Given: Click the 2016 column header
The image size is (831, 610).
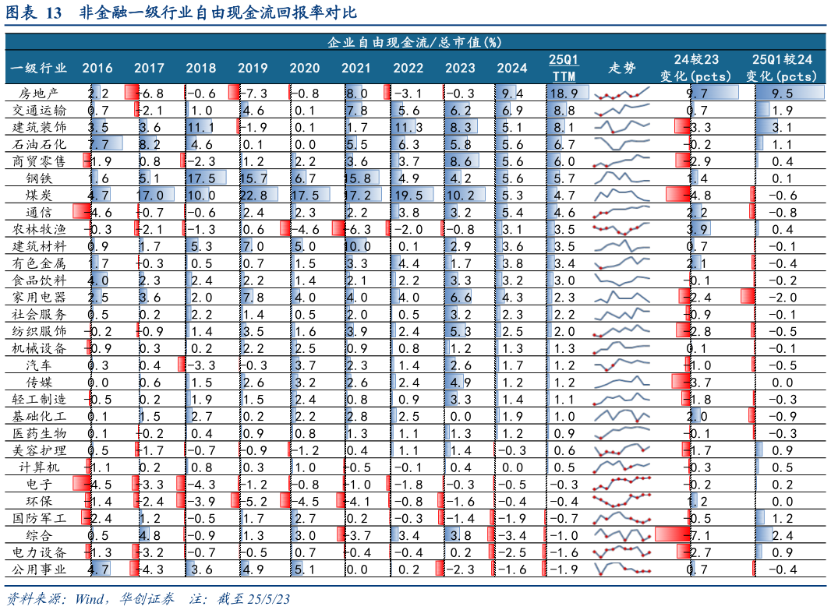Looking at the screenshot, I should (97, 68).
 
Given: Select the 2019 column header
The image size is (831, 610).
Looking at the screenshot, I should (253, 68).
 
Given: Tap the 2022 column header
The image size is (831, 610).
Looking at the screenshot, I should (408, 68).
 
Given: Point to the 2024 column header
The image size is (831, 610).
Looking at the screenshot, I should (511, 68).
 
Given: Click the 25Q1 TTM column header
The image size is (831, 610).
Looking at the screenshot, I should (564, 68).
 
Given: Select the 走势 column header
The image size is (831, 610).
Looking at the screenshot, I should (621, 68).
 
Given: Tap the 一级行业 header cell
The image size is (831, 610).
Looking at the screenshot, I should (38, 68).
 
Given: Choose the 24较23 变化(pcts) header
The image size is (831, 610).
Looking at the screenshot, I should (695, 68).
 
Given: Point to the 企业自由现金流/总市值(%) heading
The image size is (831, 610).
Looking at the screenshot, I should (415, 41).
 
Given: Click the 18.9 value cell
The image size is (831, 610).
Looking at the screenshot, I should (564, 93).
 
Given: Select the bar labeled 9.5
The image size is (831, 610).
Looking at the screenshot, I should (788, 93).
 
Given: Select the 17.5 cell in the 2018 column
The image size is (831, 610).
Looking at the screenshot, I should (206, 178).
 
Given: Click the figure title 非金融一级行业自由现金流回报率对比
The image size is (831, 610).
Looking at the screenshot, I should (217, 13).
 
